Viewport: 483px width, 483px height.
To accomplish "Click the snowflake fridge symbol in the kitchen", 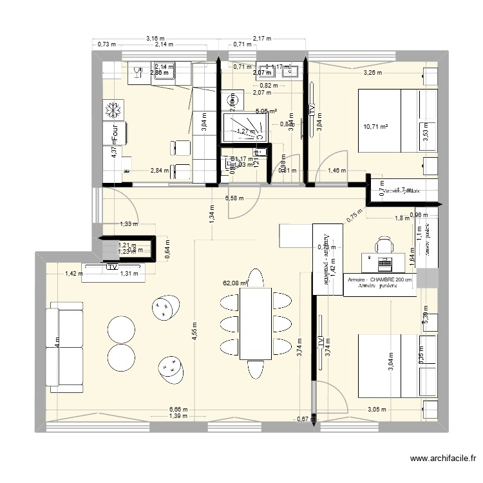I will pos(113,109).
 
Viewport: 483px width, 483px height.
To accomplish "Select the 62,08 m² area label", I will pos(235,282).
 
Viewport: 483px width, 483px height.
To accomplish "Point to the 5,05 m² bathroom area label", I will pos(266,111).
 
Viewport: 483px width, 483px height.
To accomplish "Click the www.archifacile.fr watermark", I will pos(443,459).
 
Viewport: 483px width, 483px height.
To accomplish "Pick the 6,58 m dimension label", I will pos(234,198).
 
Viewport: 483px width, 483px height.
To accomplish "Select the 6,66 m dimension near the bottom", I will pos(178,409).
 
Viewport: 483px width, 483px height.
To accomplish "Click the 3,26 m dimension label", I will pos(373,73).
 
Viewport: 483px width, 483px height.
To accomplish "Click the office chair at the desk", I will pos(384,245).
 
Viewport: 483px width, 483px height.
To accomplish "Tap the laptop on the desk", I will pos(384,263).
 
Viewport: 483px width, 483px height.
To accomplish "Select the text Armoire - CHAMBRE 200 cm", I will pos(379,280).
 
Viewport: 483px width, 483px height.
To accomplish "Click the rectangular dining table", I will pos(255,323).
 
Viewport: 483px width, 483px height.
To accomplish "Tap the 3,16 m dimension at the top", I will pos(155,39).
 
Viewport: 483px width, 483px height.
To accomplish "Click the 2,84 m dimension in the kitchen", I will pos(160,171).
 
